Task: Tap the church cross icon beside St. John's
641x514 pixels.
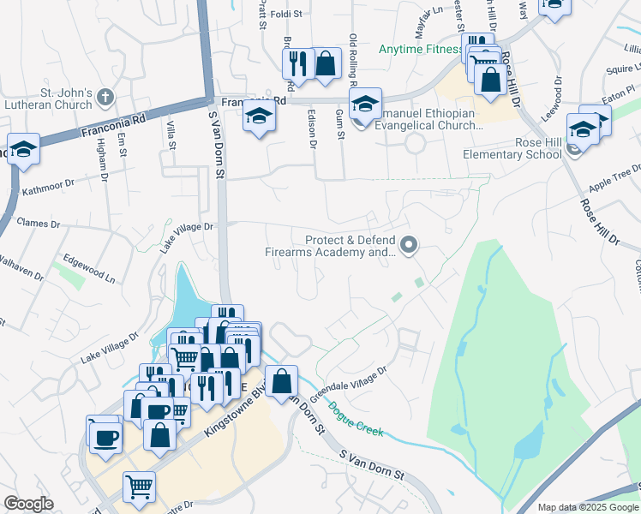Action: click(105, 95)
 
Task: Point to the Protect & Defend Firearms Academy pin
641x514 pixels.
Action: click(409, 246)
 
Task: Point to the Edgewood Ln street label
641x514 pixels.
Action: click(89, 267)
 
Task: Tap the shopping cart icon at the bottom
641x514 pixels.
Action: click(139, 487)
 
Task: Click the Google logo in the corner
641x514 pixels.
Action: click(28, 504)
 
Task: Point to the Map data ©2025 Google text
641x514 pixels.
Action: click(587, 507)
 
